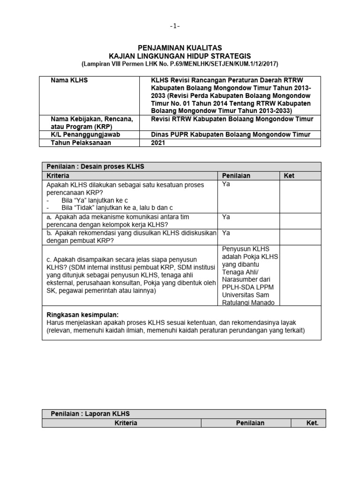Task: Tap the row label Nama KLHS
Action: click(x=69, y=80)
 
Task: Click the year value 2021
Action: click(x=158, y=142)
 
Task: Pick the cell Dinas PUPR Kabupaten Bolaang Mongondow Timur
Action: click(x=231, y=135)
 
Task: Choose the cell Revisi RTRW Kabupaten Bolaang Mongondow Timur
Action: click(x=232, y=119)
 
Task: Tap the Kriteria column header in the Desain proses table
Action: click(x=58, y=175)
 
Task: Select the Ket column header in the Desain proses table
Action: click(x=290, y=175)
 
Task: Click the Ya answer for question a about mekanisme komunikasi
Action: click(x=226, y=217)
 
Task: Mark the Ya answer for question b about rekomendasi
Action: click(x=226, y=233)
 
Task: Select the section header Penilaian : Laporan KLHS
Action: click(x=90, y=413)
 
